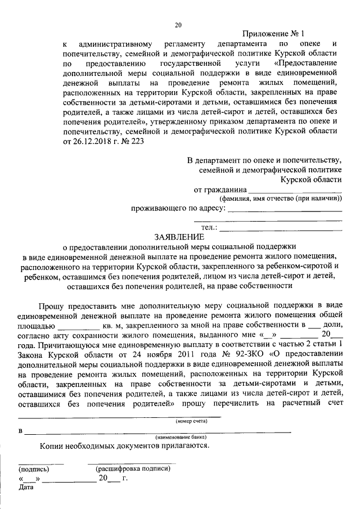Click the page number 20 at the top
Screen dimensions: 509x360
[x=179, y=25]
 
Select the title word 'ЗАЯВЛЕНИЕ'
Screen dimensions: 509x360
[x=180, y=237]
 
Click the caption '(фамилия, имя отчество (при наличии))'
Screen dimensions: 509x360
[x=280, y=199]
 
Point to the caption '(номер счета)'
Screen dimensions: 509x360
[x=191, y=421]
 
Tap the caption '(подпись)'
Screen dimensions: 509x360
[x=34, y=469]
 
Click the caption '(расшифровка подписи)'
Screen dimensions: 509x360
[x=132, y=468]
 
